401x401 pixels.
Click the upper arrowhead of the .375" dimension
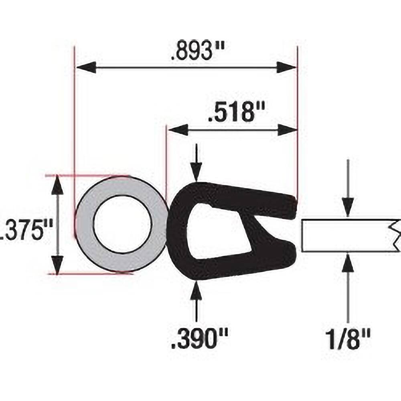[x=59, y=184]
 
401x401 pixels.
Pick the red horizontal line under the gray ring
[x=90, y=273]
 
